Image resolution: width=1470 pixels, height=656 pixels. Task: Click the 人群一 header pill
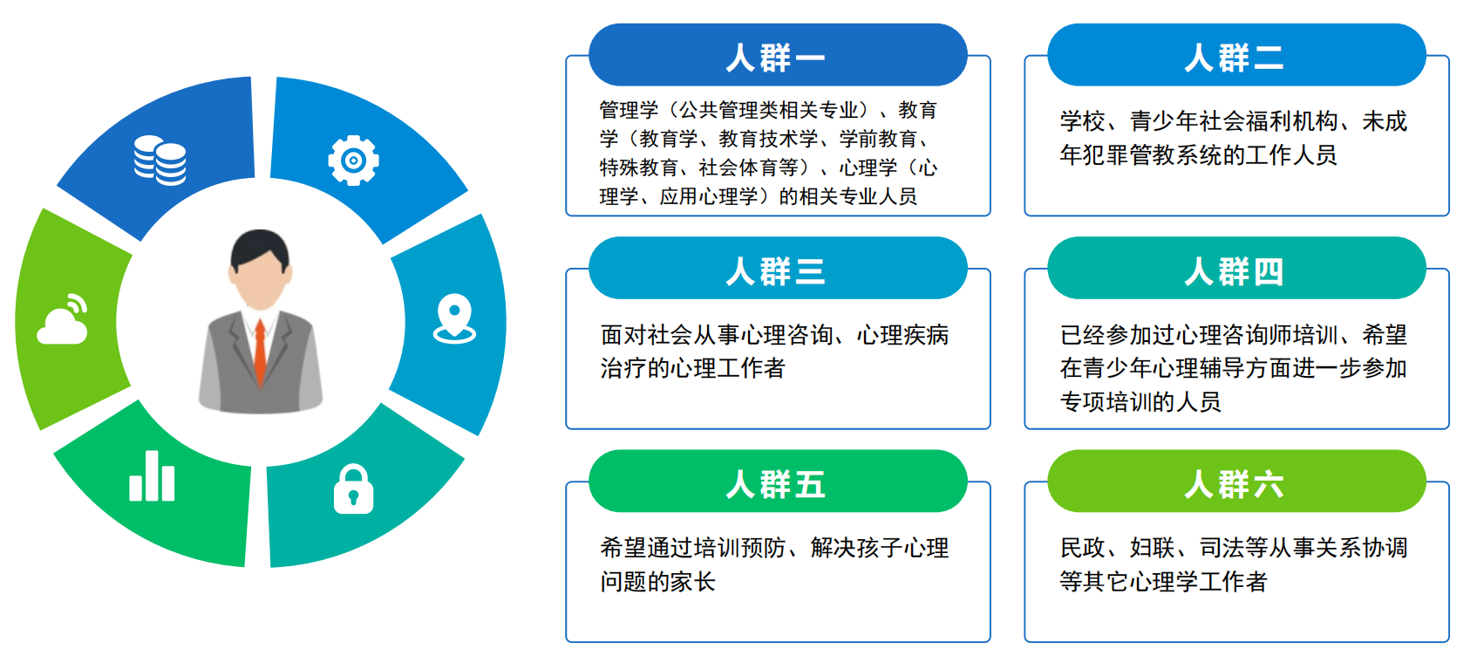777,57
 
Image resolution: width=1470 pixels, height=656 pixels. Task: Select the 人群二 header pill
1235,57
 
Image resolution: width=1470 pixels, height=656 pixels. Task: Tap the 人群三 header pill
777,270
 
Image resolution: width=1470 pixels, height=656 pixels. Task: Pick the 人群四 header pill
1235,270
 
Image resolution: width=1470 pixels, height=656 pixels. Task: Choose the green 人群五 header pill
777,482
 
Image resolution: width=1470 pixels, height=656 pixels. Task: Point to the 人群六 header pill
1235,482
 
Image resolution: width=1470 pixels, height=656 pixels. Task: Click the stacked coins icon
160,161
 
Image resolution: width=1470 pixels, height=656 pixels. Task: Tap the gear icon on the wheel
353,160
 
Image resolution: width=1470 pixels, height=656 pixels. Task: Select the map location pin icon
454,318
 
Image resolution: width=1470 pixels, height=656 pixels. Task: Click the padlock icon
353,489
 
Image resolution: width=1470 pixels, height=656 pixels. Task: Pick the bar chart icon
152,477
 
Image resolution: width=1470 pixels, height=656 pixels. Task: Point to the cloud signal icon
63,321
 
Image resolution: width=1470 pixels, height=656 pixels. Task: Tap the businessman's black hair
259,247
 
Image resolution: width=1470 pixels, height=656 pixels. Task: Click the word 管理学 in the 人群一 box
629,110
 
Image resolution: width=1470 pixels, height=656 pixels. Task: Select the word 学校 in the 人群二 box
1082,121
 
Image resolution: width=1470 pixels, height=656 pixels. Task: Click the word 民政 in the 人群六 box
1082,548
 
